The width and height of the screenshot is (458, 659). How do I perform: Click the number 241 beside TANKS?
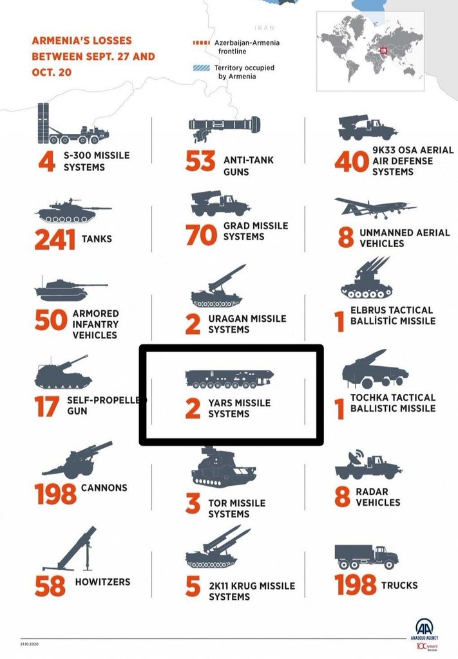[x=55, y=239]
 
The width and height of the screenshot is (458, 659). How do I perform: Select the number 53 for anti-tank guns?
[x=200, y=162]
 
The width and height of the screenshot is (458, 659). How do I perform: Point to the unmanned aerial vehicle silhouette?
[x=376, y=208]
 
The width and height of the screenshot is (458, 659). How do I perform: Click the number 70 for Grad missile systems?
[x=202, y=235]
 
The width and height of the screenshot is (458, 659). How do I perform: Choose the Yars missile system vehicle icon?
[x=229, y=378]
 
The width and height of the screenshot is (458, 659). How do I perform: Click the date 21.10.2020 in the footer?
[x=29, y=644]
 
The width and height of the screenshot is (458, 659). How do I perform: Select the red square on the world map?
[x=383, y=51]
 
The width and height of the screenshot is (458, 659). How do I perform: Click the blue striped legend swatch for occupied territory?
[x=202, y=68]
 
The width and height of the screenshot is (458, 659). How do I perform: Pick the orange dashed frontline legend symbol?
[x=202, y=43]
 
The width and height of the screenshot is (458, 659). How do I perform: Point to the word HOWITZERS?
[x=102, y=582]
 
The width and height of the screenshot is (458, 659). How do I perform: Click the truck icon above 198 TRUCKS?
[x=367, y=557]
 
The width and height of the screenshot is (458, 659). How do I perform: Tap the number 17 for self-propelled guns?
[x=46, y=407]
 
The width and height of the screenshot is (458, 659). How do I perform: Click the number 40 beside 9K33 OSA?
[x=352, y=162]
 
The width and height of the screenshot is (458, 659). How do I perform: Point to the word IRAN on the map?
[x=265, y=28]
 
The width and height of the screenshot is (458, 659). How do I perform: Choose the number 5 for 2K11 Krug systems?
[x=193, y=586]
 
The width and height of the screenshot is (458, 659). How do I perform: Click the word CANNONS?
[x=104, y=488]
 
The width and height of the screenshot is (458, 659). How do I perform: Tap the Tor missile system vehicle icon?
[x=224, y=467]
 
